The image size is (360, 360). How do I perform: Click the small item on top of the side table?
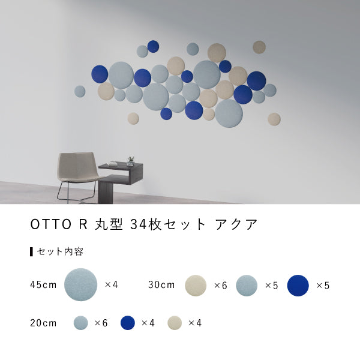tap(130, 161)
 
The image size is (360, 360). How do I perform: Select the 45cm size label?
tap(43, 284)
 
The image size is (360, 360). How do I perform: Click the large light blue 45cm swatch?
tap(80, 284)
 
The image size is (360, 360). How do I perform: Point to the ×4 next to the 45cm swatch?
tap(111, 284)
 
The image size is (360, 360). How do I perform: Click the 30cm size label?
tap(161, 284)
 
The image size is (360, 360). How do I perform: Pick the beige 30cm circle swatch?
tap(196, 285)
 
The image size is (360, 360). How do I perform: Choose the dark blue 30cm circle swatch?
tap(298, 285)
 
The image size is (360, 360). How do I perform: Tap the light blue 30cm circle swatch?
tap(247, 285)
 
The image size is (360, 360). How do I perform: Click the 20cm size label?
tap(43, 323)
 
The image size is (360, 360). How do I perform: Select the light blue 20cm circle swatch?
tap(80, 323)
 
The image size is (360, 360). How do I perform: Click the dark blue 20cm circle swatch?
tap(127, 323)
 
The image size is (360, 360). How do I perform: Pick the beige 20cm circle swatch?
tap(175, 323)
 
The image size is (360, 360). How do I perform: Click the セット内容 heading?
tap(60, 251)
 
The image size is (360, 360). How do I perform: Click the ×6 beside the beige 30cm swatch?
tap(220, 285)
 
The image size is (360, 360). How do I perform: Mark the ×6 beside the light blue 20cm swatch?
tap(101, 323)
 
